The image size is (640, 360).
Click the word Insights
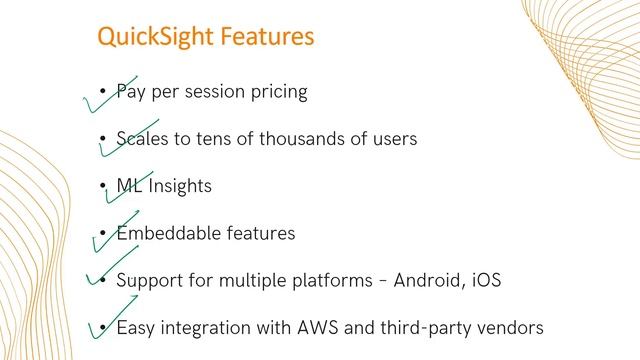click(181, 186)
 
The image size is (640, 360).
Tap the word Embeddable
click(166, 233)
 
